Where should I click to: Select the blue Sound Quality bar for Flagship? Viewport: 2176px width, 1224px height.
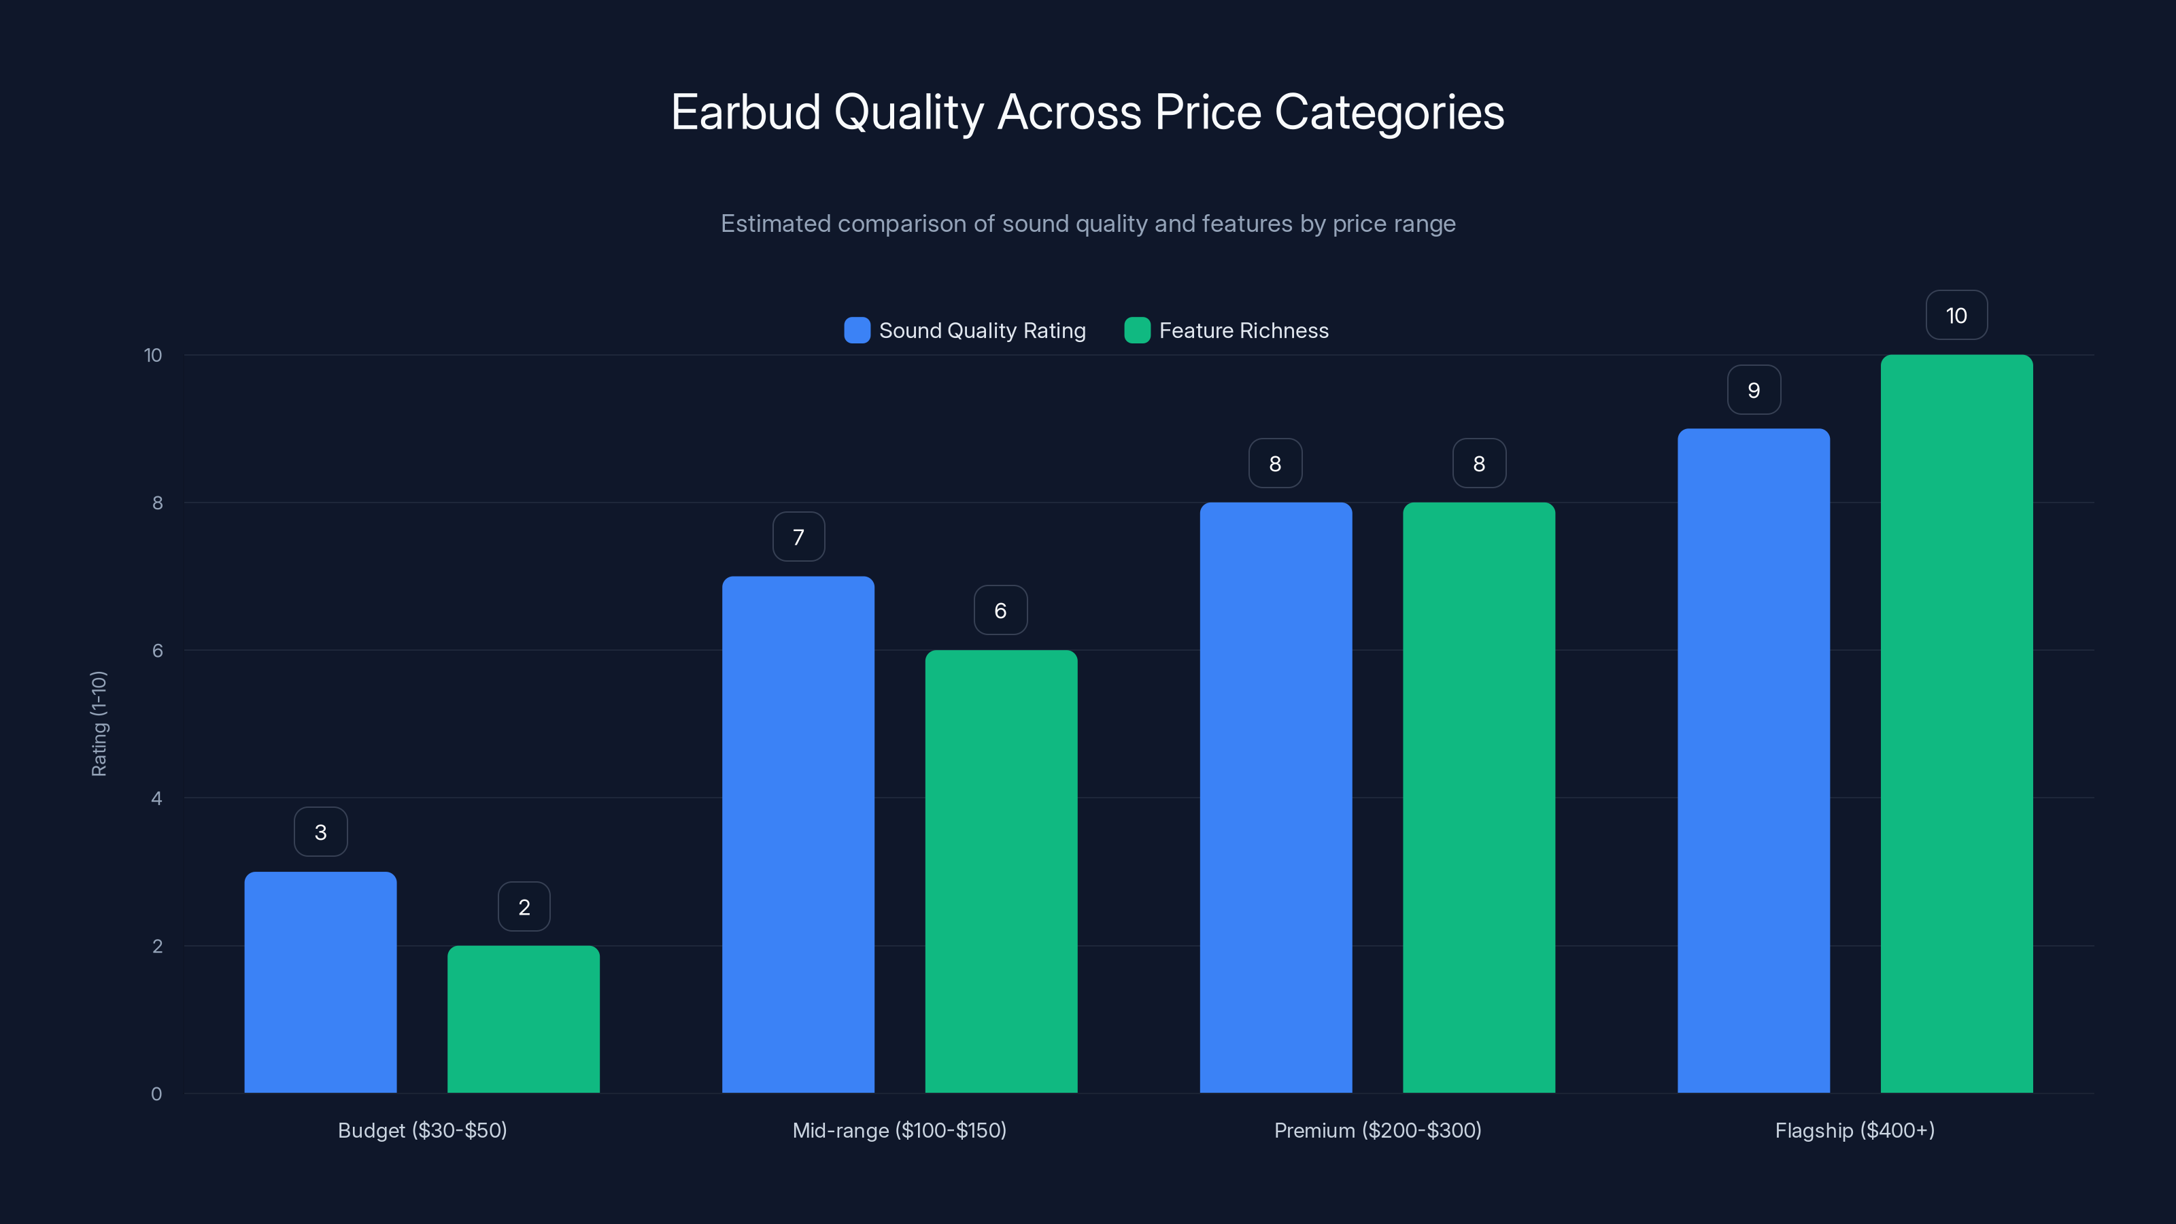tap(1753, 760)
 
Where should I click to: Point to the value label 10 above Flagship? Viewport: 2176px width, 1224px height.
tap(1956, 315)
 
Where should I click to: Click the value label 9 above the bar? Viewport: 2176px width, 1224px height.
tap(1754, 390)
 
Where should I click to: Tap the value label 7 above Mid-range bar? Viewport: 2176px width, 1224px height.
tap(798, 537)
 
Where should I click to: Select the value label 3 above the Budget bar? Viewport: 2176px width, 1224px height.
tap(320, 832)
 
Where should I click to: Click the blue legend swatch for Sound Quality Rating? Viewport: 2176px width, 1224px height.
tap(857, 330)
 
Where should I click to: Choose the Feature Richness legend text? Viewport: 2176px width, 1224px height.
tap(1244, 330)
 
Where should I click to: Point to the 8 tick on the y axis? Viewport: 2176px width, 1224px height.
tap(157, 503)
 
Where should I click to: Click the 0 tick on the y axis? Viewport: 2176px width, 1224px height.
tap(156, 1094)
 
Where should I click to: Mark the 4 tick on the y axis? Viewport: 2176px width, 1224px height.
tap(156, 798)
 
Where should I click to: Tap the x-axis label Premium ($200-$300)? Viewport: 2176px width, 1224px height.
tap(1377, 1130)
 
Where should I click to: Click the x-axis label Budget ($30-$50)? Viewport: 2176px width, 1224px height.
tap(422, 1130)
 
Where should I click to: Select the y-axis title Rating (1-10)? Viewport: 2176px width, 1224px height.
tap(99, 724)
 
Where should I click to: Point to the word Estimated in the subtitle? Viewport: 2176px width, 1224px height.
tap(775, 224)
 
